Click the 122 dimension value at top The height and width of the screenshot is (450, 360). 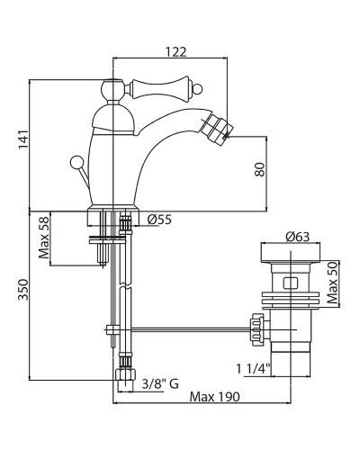coord(176,51)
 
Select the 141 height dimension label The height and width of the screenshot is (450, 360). coord(23,139)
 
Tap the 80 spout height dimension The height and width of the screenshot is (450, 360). coord(260,169)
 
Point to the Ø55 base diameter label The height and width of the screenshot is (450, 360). coord(159,220)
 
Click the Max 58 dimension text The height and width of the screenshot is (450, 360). coord(44,238)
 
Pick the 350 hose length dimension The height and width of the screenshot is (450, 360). coord(23,290)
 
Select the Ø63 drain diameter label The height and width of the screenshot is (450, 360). coord(297,237)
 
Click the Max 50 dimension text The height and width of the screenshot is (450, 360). coord(332,283)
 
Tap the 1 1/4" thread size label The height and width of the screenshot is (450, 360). coord(254,368)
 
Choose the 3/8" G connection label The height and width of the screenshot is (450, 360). coord(160,383)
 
